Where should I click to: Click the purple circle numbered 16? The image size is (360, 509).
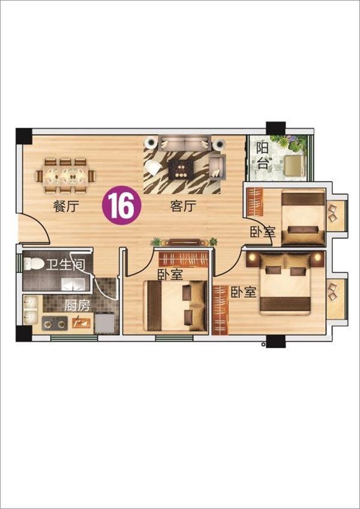click(x=122, y=205)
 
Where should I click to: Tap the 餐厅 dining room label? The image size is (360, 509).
click(x=66, y=206)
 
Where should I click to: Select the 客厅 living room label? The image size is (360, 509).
click(x=183, y=206)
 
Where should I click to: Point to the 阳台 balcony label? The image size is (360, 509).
click(x=263, y=156)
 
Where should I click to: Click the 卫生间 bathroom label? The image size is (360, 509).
click(x=65, y=265)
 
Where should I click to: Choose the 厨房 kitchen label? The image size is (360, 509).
click(x=77, y=306)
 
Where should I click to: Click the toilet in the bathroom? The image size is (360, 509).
click(x=34, y=264)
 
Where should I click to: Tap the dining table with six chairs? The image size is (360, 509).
click(x=65, y=176)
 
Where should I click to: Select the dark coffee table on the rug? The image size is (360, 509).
click(x=181, y=170)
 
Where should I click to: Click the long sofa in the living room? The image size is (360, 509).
click(x=185, y=143)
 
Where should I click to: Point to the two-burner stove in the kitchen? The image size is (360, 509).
click(x=55, y=323)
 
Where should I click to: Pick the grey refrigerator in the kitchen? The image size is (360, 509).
click(x=104, y=323)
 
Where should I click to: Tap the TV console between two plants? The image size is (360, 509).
click(x=185, y=242)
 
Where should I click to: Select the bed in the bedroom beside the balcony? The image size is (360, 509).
click(x=303, y=218)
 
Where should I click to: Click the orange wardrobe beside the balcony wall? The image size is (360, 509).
click(x=255, y=202)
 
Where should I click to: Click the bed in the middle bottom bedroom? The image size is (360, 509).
click(x=176, y=306)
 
